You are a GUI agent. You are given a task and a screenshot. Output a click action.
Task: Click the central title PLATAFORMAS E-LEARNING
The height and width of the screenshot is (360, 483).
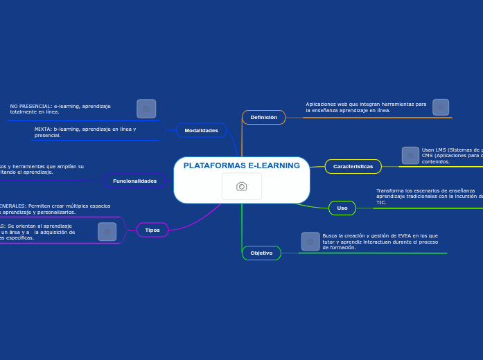point(241,165)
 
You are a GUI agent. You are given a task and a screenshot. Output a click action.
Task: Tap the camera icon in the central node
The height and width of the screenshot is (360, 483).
point(241,186)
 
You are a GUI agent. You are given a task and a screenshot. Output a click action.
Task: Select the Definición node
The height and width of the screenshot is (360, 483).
point(263,118)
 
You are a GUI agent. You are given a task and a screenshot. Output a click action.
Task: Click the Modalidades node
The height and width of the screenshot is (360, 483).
point(201,130)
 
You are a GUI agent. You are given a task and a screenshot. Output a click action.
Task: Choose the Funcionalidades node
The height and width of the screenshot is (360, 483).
point(134,181)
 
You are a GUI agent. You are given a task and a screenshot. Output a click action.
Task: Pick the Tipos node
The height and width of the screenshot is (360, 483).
point(152,230)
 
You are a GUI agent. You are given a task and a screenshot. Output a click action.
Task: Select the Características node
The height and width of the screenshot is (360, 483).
point(353,166)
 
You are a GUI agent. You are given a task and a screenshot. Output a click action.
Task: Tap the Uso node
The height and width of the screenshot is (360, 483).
point(342,208)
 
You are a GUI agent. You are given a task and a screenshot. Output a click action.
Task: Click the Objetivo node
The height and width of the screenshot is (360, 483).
point(261,253)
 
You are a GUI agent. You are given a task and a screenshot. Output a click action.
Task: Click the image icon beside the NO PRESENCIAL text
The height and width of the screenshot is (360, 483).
point(146,109)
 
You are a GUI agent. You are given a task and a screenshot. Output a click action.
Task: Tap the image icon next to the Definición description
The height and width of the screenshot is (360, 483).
point(441,107)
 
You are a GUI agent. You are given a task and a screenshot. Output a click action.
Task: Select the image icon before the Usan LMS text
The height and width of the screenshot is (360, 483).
point(410,155)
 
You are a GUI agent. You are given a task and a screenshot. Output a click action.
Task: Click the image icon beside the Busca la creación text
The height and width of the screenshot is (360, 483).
point(310,241)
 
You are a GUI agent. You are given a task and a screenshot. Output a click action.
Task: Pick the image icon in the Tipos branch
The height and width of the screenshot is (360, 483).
point(107,231)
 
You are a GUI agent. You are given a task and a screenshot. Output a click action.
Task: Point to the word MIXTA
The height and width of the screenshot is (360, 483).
point(42,129)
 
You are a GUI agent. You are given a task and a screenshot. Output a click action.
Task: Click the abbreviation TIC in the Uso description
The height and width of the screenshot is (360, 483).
point(380,203)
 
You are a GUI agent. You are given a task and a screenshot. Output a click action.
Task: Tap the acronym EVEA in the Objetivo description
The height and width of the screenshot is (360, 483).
point(405,235)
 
